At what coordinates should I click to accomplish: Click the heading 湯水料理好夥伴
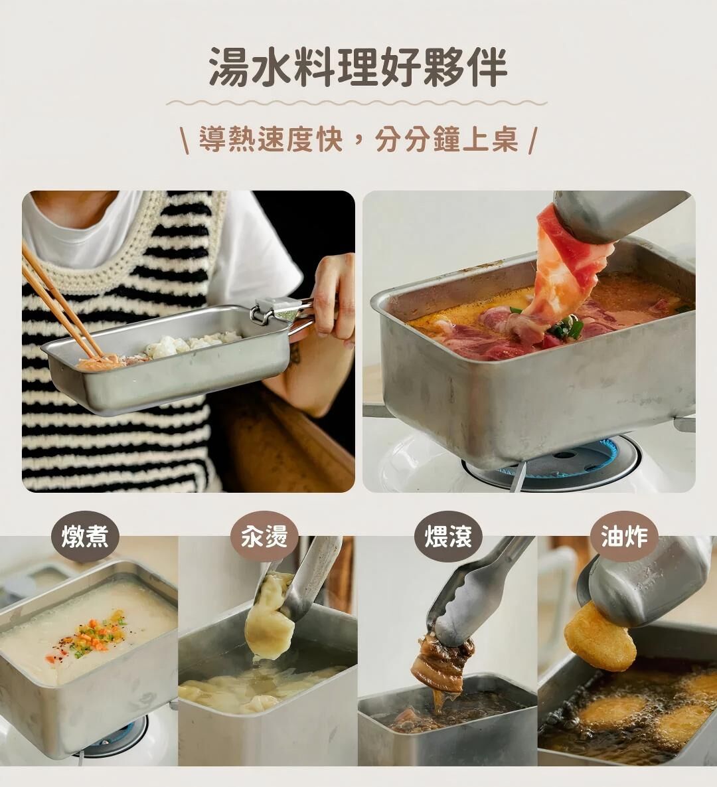click(358, 67)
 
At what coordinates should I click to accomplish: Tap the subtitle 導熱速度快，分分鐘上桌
click(358, 139)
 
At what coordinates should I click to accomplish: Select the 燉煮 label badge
click(85, 537)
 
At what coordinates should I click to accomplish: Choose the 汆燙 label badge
click(264, 536)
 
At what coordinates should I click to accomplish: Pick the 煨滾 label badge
click(448, 536)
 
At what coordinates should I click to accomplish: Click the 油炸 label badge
click(624, 536)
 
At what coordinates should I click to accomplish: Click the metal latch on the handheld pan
click(271, 311)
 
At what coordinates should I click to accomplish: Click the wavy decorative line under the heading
click(357, 104)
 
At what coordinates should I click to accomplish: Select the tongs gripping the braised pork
click(477, 592)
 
